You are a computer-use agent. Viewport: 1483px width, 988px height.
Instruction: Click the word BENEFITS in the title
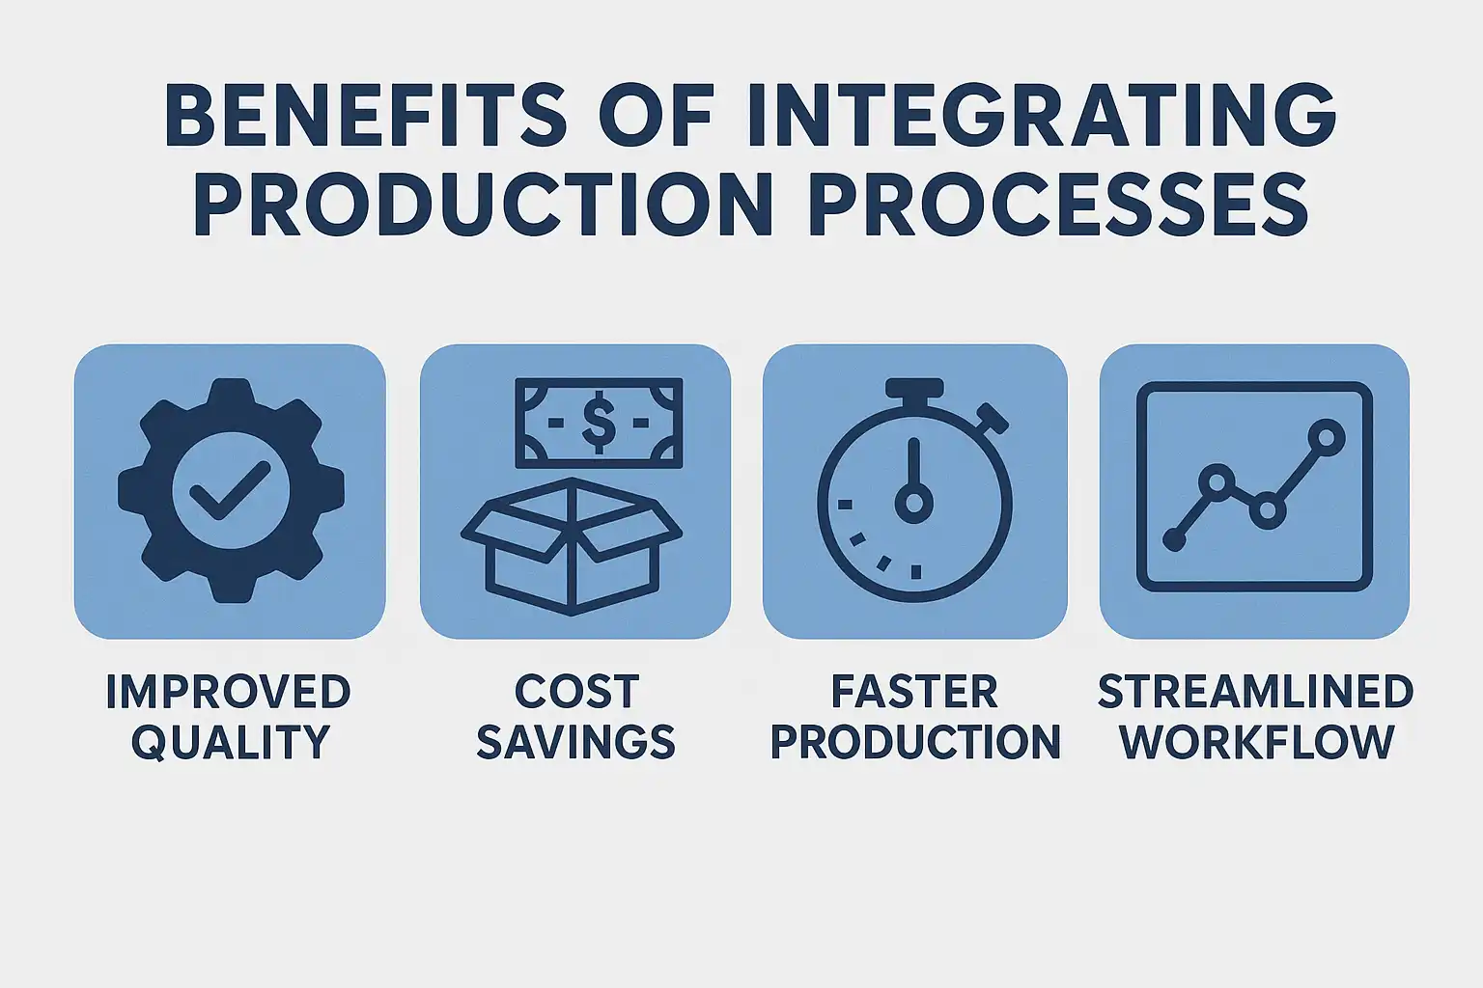tap(366, 115)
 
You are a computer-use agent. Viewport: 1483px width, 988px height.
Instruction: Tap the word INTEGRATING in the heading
tap(1042, 115)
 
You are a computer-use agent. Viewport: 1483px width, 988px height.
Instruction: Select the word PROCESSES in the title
tap(1059, 204)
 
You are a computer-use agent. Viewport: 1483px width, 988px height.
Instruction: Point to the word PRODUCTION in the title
tap(483, 204)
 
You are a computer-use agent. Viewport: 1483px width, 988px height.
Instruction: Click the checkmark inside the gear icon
tap(229, 490)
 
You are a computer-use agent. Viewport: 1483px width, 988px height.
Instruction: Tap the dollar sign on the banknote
tap(599, 424)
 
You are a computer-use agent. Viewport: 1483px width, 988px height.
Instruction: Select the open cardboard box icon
tap(572, 547)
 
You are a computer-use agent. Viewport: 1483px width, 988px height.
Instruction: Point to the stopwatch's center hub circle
tap(914, 503)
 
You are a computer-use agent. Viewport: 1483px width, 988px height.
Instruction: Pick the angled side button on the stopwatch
tap(993, 418)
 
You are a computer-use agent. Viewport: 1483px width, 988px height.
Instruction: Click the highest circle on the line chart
tap(1326, 437)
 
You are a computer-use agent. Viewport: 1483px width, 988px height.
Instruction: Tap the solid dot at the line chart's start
tap(1174, 539)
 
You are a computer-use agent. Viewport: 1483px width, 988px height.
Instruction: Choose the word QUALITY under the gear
tap(231, 742)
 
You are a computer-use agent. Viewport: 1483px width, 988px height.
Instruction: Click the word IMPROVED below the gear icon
tap(229, 692)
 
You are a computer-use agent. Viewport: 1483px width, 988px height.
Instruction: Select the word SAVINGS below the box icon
tap(576, 741)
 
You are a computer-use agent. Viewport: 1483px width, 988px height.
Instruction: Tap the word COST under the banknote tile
tap(576, 692)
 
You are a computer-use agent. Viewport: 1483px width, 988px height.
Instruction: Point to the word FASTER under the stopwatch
tap(914, 692)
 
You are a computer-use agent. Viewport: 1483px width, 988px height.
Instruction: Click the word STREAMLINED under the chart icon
tap(1256, 692)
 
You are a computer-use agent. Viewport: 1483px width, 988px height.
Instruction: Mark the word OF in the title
tap(656, 115)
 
